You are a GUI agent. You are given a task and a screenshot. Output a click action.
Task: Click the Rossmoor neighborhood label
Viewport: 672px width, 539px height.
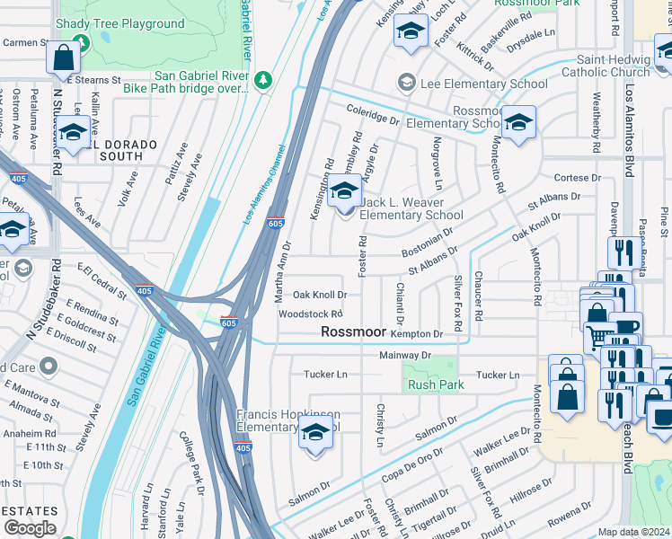tap(354, 332)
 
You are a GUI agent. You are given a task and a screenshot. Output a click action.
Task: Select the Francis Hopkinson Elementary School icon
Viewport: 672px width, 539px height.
tap(314, 432)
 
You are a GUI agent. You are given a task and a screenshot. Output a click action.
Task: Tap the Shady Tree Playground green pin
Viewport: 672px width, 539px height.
tap(82, 42)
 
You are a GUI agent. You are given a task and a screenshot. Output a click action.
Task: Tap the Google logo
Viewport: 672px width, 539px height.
tap(30, 528)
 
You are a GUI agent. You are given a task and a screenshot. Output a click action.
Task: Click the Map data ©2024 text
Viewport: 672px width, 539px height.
tap(632, 532)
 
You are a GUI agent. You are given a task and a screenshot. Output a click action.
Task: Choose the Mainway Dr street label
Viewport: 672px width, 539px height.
tap(406, 355)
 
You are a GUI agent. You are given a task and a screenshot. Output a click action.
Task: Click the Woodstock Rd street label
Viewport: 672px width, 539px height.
tap(310, 314)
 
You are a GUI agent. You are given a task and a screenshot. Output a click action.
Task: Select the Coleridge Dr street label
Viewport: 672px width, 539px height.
tap(373, 117)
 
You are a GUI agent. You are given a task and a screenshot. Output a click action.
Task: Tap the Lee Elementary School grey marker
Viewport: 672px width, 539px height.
tap(407, 84)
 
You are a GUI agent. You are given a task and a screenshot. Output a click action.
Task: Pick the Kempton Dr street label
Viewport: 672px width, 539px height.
tap(420, 334)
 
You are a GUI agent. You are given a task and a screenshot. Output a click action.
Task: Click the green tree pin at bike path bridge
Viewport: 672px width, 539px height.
tap(263, 82)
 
